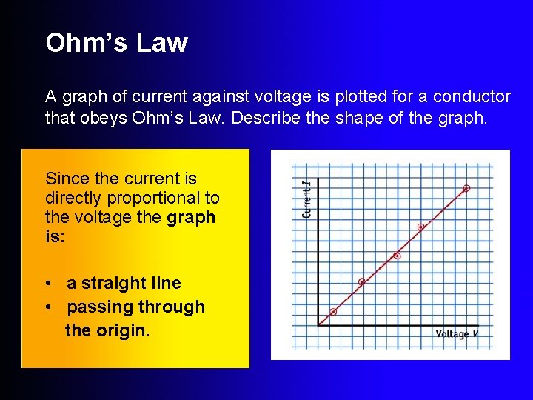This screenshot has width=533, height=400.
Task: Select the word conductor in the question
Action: pos(472,97)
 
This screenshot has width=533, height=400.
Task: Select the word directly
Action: pos(73,199)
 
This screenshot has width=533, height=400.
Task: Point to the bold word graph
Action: pos(192,218)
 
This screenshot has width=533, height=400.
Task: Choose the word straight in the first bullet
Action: pos(115,283)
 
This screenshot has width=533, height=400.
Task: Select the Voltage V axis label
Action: pos(457,334)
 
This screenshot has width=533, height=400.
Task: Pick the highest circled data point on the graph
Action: pos(466,188)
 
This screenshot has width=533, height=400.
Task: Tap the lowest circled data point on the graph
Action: pos(333,312)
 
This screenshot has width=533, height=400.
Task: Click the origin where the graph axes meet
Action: pos(318,324)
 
